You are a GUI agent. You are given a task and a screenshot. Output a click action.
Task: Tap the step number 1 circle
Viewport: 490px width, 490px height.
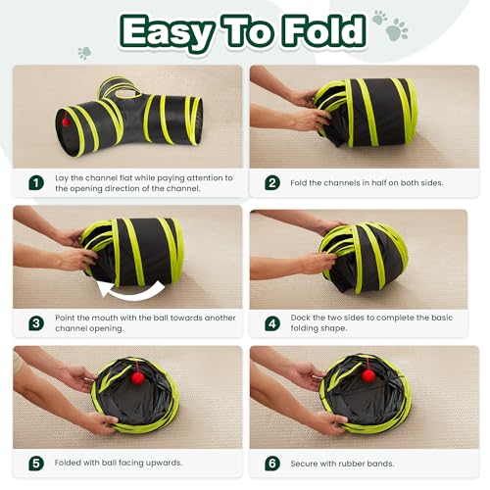click(x=36, y=182)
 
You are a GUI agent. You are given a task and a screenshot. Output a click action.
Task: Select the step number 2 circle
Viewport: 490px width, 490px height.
click(x=272, y=182)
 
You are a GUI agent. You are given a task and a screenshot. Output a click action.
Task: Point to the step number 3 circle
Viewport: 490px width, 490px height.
click(x=36, y=322)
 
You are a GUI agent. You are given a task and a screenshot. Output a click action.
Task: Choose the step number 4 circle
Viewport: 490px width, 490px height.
click(x=272, y=322)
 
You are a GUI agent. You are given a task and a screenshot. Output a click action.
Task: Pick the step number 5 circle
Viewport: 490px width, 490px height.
click(x=36, y=463)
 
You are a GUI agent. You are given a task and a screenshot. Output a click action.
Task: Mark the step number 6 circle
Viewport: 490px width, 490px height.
click(x=272, y=463)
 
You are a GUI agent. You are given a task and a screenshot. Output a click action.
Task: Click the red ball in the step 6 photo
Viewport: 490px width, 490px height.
click(x=367, y=375)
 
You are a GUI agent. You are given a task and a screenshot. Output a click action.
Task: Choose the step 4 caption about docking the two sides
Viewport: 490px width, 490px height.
click(x=365, y=322)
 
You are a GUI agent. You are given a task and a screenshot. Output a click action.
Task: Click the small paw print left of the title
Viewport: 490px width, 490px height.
click(x=85, y=53)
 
